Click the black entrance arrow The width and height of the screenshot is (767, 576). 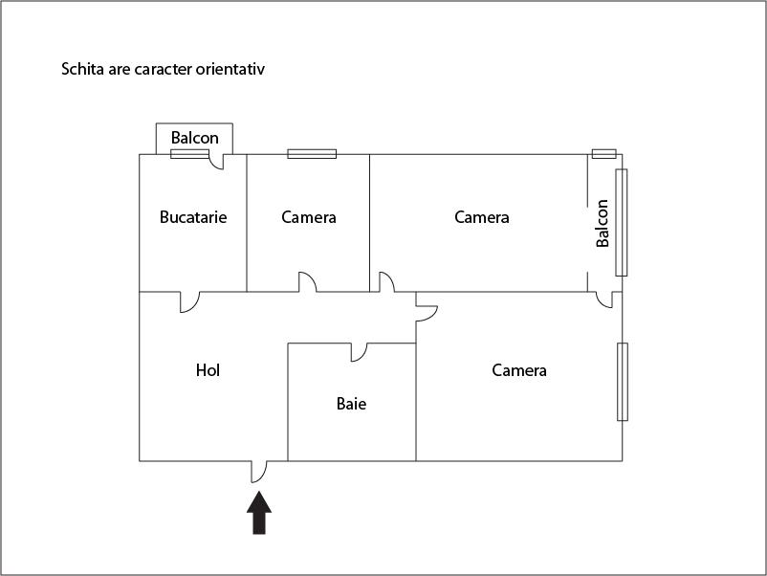point(259,514)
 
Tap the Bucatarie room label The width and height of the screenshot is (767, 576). point(193,217)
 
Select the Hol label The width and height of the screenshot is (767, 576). point(208,370)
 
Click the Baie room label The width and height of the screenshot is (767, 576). point(351,404)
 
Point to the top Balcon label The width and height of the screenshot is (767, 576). point(195,138)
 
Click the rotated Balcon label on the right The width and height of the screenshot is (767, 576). point(603,223)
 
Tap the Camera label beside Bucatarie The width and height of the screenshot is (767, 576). point(309,217)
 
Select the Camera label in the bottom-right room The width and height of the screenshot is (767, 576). point(519,370)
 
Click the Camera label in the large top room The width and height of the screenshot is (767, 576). point(482,217)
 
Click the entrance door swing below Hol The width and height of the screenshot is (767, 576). point(259,471)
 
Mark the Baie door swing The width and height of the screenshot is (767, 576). point(360,352)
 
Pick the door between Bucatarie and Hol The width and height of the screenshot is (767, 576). point(188,301)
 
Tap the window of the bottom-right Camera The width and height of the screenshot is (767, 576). point(623,382)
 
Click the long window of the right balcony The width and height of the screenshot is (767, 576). point(622,222)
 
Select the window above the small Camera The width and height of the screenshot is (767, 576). point(312,153)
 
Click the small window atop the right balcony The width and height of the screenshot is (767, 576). point(603,153)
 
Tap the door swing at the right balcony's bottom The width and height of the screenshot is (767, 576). point(604,300)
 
